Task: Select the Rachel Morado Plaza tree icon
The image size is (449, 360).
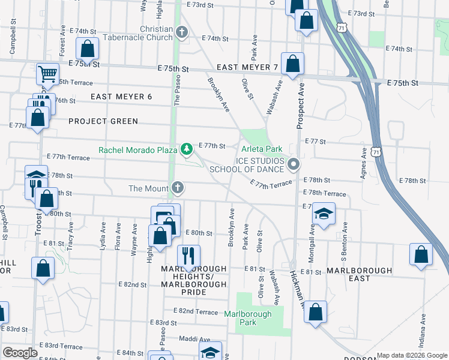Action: [x=187, y=148]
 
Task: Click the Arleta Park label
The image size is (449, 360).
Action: [x=262, y=149]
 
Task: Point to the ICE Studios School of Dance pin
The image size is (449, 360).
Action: [x=294, y=164]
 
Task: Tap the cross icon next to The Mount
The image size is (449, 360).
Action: [x=177, y=188]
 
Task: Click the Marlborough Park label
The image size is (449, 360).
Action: [x=248, y=318]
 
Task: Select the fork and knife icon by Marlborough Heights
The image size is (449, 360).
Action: [x=189, y=256]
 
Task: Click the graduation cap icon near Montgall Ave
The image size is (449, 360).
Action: [x=324, y=215]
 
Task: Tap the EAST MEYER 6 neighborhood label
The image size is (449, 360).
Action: [x=122, y=97]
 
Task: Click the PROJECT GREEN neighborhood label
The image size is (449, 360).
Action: [x=103, y=121]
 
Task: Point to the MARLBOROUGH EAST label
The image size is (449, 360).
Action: [x=359, y=271]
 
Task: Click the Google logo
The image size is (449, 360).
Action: [x=20, y=353]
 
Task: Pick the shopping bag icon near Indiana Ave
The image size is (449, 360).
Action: [x=421, y=254]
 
